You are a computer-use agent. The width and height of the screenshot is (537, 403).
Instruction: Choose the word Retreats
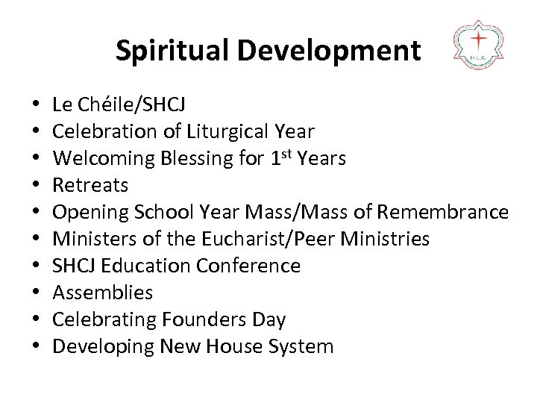click(91, 185)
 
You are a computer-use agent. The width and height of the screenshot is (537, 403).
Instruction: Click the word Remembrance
click(443, 212)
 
